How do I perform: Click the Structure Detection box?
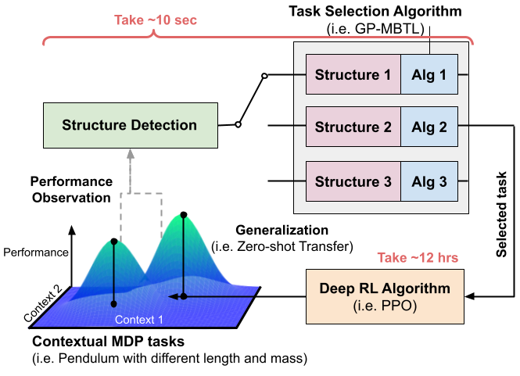[130, 125]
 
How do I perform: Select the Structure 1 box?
[353, 76]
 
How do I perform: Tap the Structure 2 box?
[353, 127]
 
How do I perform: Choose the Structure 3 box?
[353, 182]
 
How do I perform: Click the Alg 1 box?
[429, 76]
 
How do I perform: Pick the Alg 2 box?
[429, 127]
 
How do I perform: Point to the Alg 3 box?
[429, 182]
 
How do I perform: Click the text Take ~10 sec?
[156, 20]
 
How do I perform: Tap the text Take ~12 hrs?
[417, 257]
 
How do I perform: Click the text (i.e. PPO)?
[385, 306]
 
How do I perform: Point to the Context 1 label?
[138, 320]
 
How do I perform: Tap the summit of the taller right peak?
[183, 215]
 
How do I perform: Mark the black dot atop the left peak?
[114, 242]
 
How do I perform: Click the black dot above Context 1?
[114, 303]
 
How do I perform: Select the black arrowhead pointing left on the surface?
[172, 296]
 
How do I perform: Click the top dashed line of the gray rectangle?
[141, 192]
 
